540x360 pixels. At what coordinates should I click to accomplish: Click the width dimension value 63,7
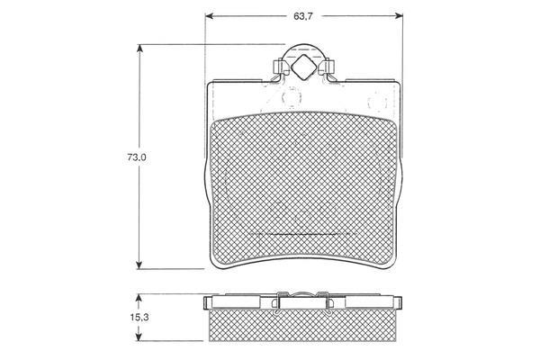click(x=302, y=16)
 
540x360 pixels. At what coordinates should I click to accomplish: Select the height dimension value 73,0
click(x=137, y=157)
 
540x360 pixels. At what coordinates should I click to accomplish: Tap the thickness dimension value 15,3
click(x=139, y=318)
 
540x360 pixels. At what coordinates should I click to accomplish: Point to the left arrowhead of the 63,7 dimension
click(x=209, y=16)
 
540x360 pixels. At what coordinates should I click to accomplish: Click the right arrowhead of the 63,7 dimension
click(x=399, y=16)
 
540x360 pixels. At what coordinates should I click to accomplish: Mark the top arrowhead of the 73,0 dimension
click(x=139, y=49)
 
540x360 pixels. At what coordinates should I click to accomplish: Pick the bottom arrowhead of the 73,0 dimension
click(x=139, y=265)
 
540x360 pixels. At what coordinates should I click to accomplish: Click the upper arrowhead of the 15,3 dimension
click(x=139, y=298)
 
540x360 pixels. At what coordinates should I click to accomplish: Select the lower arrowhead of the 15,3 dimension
click(x=139, y=337)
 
